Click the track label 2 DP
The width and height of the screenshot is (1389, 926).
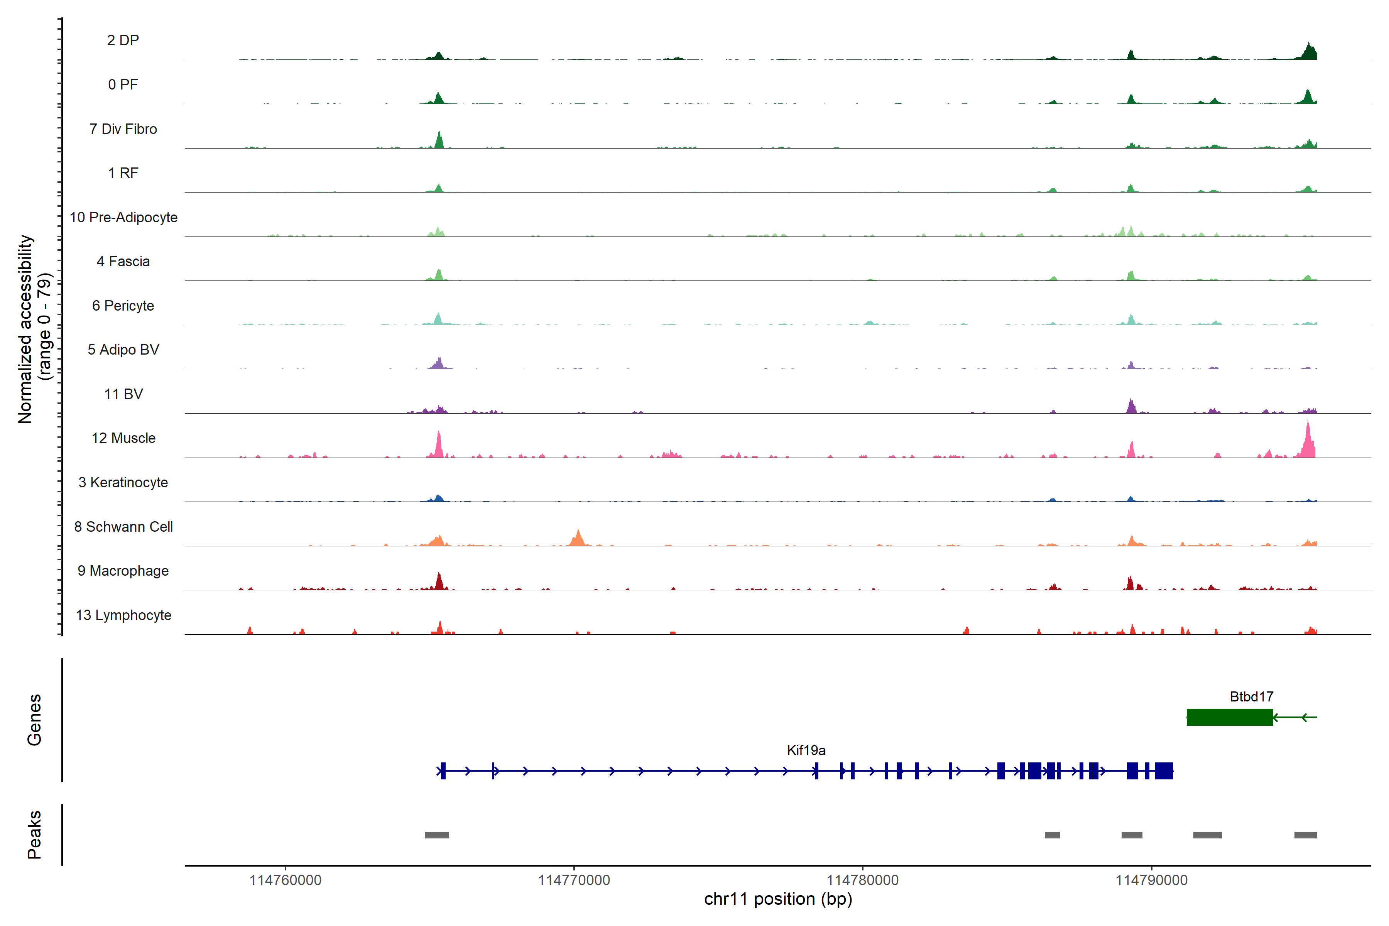123,40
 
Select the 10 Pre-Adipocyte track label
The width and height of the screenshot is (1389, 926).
123,217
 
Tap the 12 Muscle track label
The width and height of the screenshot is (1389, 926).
123,438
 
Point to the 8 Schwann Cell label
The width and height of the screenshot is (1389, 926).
123,527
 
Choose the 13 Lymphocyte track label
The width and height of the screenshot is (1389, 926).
123,615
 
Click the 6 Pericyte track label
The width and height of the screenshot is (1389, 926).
123,306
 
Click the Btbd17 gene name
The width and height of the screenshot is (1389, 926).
1251,697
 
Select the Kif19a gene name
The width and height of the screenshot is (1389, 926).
806,750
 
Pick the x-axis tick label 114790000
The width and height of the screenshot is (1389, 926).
1151,880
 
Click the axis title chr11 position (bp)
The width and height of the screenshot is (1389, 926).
778,899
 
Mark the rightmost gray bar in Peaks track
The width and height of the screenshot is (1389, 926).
1305,835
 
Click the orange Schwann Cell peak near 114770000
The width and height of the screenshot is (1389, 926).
578,537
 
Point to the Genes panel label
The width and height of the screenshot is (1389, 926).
34,720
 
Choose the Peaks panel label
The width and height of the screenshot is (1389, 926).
34,835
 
